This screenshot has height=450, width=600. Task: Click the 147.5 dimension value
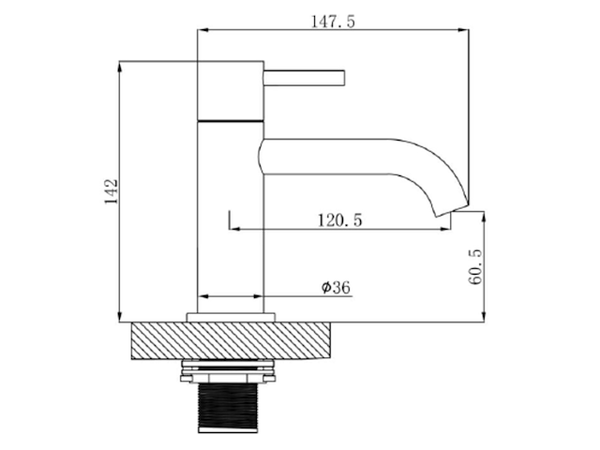coord(333,22)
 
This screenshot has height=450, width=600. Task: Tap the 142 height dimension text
coord(112,191)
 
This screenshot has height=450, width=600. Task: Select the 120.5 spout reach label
coord(339,220)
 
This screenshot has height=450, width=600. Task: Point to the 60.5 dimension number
coord(475,266)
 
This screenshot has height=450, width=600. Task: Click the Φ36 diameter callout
coord(336,287)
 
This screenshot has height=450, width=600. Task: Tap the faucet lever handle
coord(304,78)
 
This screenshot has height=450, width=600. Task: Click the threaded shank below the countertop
coord(228,407)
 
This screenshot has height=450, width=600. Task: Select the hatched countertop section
coord(231,340)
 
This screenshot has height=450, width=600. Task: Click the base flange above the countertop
coord(231,317)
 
